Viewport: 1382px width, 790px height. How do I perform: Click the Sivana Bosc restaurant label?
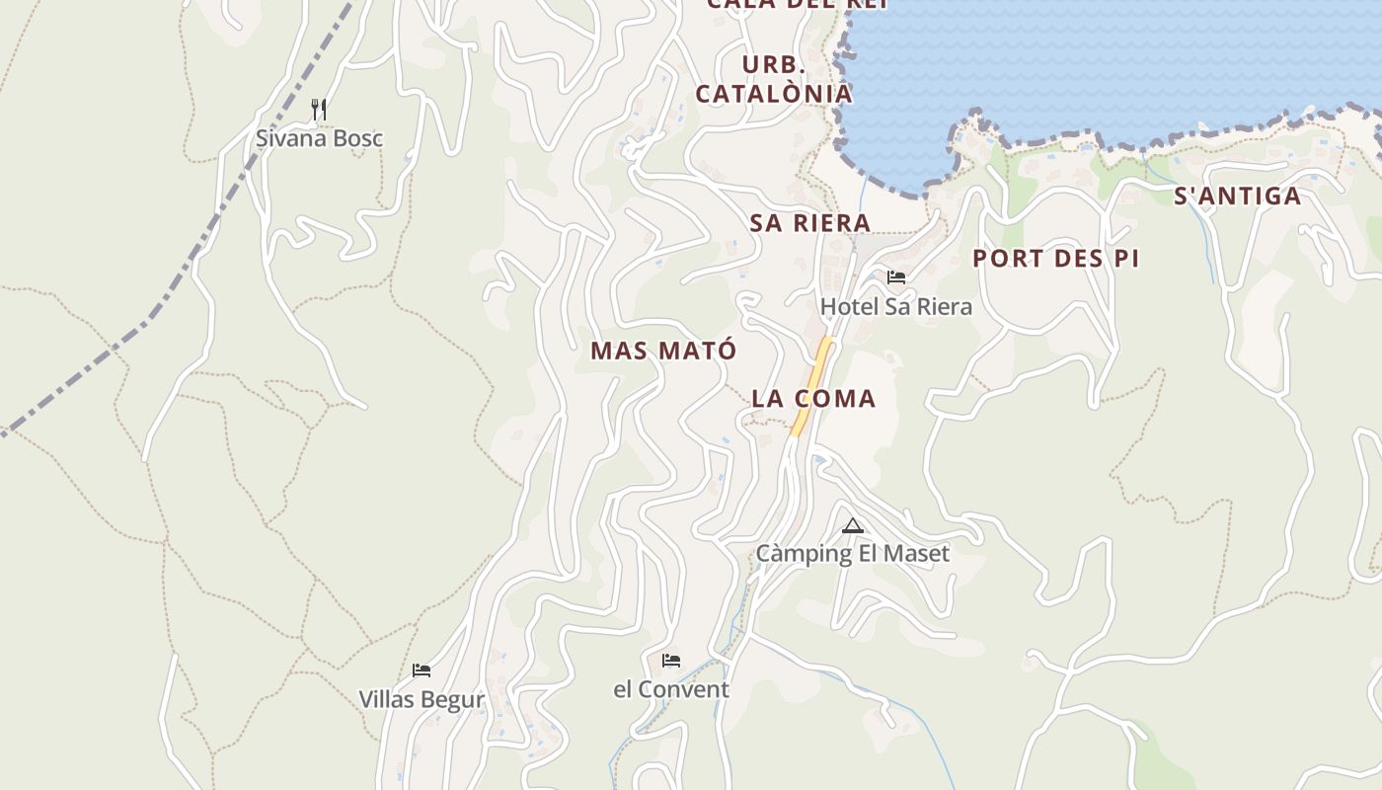(319, 138)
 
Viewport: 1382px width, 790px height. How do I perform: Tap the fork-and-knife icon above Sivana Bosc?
(319, 110)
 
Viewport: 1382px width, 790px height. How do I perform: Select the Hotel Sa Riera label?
(895, 307)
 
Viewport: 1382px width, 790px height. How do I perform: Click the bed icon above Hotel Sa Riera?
(895, 277)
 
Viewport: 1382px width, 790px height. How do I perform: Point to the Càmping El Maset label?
(852, 554)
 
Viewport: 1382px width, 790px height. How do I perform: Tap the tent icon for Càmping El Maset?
(853, 525)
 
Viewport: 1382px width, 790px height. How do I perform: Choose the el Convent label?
(671, 689)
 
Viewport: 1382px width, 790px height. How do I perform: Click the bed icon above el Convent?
(671, 660)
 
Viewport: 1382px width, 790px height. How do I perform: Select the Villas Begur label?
(422, 700)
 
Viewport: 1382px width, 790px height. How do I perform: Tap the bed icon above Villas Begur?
(422, 671)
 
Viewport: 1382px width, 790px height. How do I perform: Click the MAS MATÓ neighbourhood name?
(663, 351)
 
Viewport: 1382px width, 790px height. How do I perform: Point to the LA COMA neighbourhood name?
(813, 399)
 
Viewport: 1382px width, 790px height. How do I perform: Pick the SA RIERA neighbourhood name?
(809, 223)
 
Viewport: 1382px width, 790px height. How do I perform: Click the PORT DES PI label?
(1055, 259)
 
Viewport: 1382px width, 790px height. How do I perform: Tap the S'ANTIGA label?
(1237, 197)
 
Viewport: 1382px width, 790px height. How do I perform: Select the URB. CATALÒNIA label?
(774, 80)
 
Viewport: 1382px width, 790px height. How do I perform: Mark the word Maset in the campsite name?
(917, 554)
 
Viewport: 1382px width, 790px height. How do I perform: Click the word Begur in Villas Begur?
(453, 700)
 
